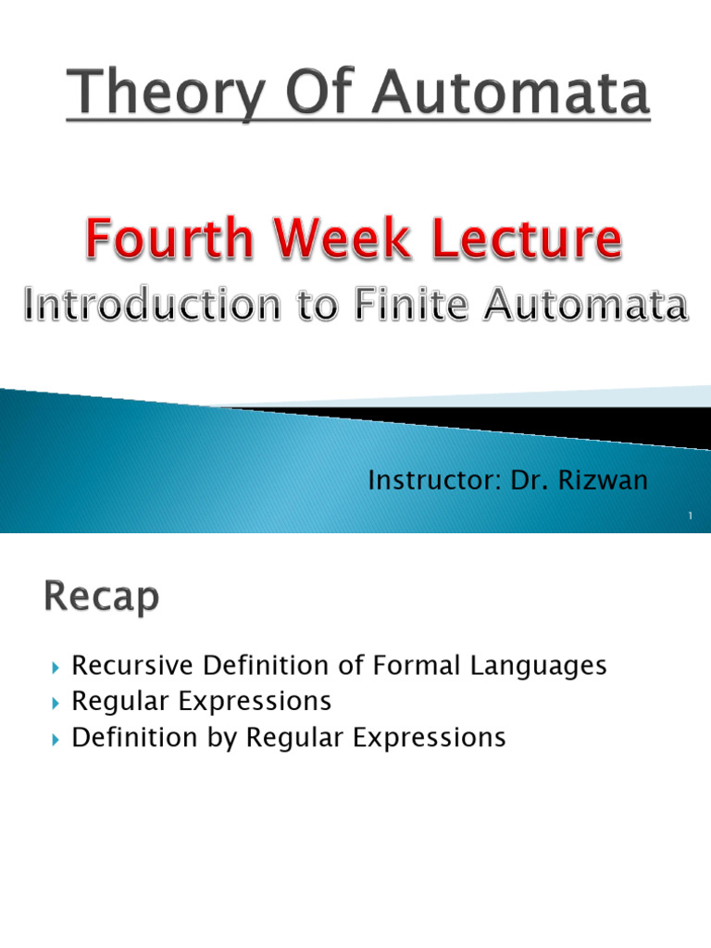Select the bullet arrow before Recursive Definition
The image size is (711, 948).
click(56, 667)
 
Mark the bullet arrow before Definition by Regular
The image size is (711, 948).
click(56, 739)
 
